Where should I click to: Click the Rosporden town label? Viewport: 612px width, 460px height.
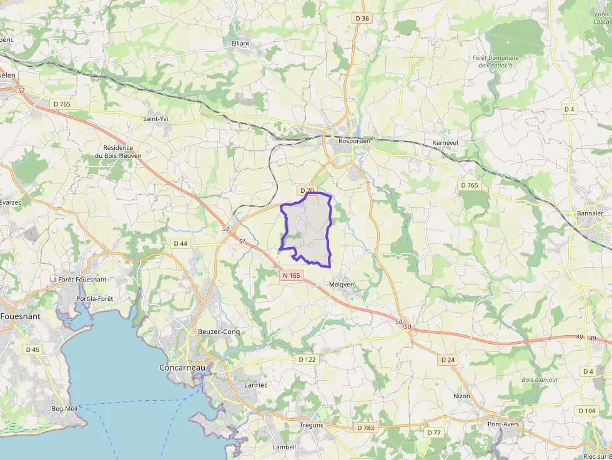coord(354,141)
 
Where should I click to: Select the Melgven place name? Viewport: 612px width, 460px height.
coord(341,285)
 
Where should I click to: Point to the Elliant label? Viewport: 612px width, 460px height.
coord(240,44)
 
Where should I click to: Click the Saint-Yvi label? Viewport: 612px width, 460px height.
coord(156,119)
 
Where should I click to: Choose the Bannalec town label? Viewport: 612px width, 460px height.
coord(590,213)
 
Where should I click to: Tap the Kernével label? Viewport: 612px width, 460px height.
coord(445,143)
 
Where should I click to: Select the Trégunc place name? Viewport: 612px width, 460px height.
coord(311,425)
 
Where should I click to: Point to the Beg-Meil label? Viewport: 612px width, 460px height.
coord(64,408)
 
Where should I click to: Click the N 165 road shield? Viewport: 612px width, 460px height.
coord(291,275)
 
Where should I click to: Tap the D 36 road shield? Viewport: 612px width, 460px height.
coord(362,19)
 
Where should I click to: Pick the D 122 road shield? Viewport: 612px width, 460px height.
coord(307,360)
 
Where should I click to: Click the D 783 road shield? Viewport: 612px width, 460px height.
coord(365,428)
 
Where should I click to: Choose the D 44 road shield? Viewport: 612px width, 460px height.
coord(180,243)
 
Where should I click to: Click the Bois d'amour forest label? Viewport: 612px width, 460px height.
coord(540,379)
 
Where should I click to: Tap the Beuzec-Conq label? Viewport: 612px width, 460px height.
coord(219,331)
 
